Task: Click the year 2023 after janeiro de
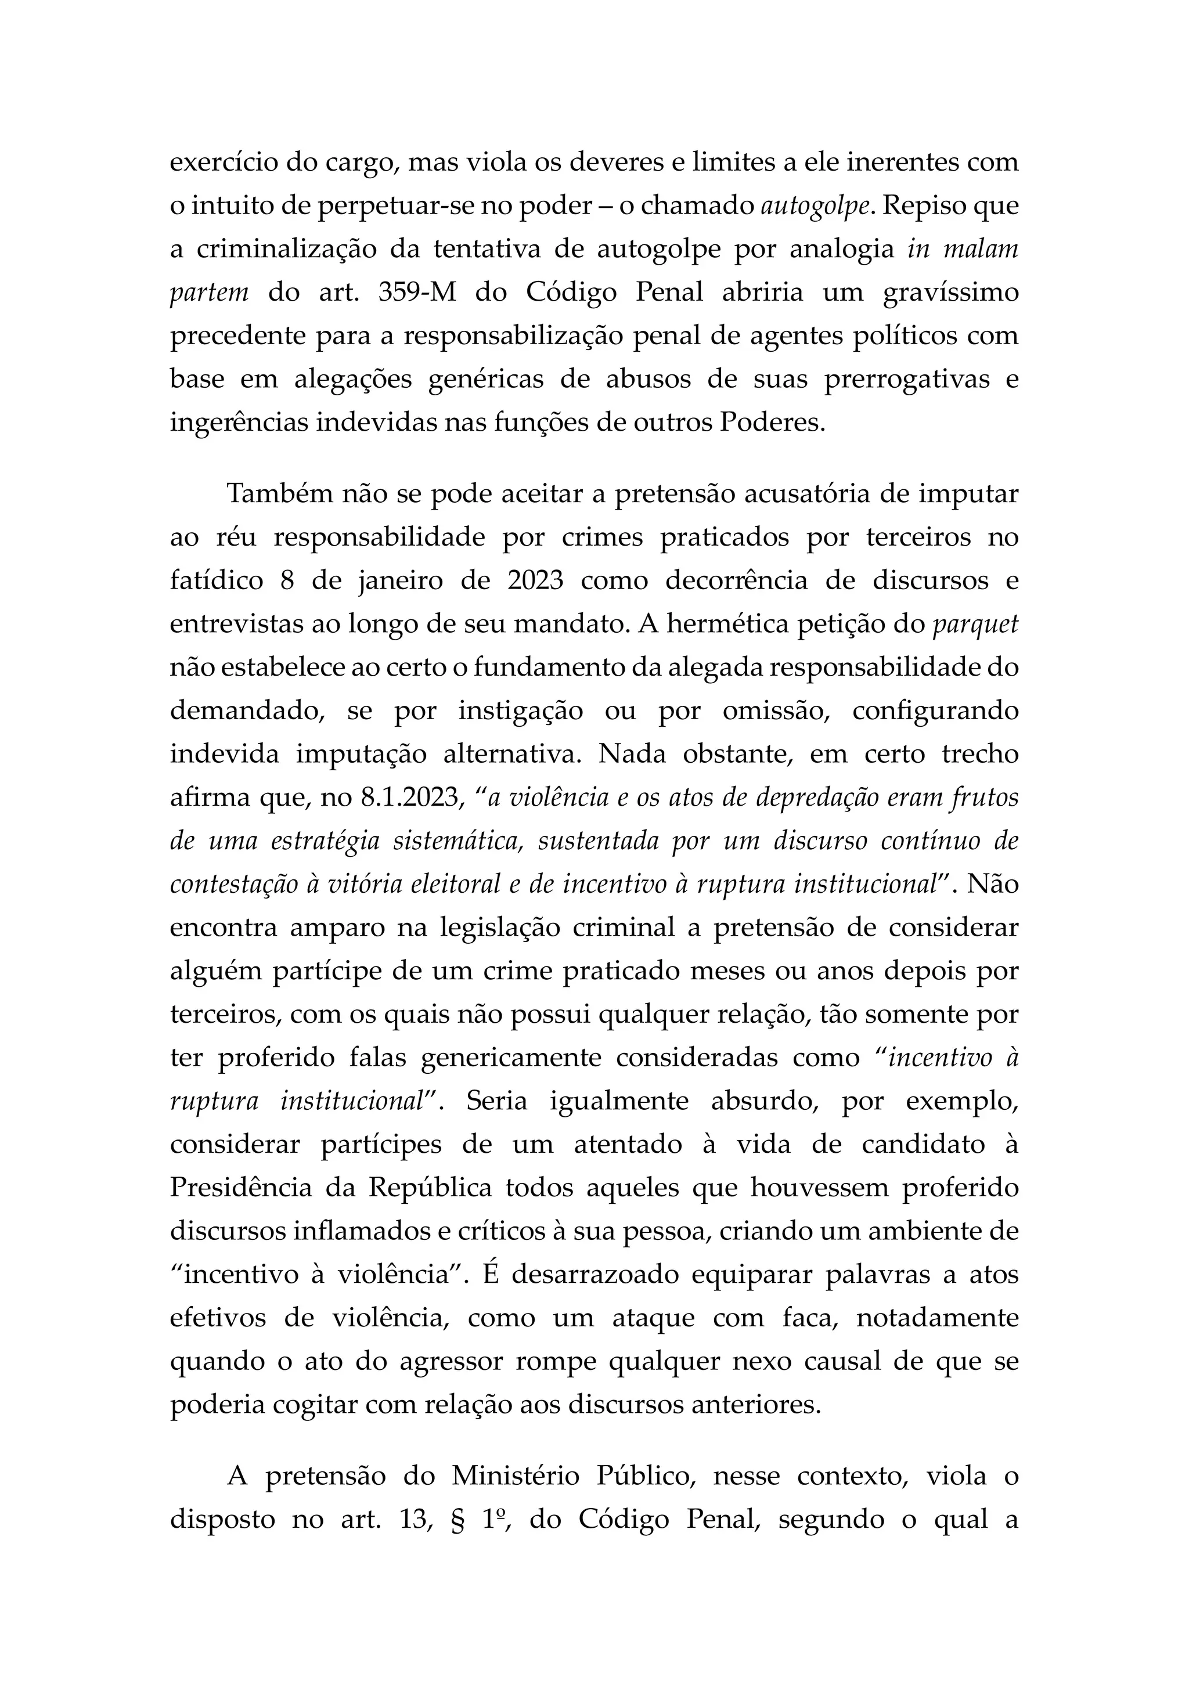(535, 580)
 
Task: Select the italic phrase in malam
(963, 249)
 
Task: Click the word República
(429, 1187)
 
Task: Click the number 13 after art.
(415, 1518)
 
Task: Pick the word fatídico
(216, 580)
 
